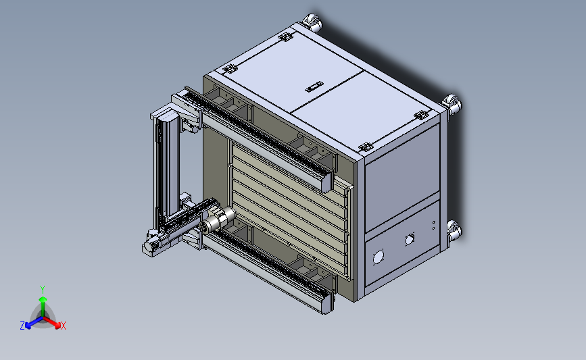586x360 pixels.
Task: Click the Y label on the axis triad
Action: [43, 290]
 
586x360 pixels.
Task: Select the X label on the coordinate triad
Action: [63, 326]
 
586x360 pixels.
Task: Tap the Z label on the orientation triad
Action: [22, 326]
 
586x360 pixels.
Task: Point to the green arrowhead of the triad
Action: [43, 299]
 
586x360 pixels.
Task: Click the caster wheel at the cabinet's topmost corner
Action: [312, 22]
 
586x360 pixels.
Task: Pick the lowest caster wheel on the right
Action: [454, 230]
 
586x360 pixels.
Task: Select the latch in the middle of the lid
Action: [314, 86]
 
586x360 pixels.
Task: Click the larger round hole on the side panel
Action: [379, 257]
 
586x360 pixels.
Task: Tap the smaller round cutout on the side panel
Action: [410, 239]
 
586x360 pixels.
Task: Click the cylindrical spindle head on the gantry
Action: [217, 220]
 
